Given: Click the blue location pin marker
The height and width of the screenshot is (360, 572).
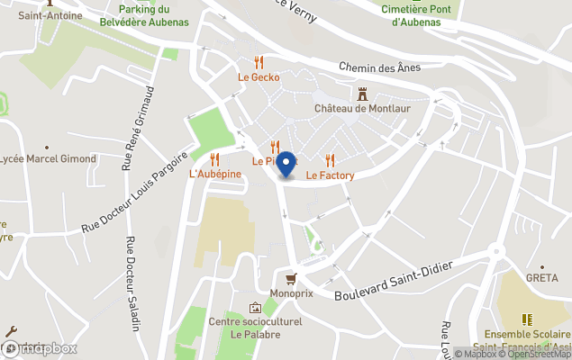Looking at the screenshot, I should (286, 165).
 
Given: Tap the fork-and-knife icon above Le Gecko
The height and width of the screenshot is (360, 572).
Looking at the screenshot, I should (259, 62).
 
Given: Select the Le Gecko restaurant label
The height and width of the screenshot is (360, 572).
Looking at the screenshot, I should (259, 77).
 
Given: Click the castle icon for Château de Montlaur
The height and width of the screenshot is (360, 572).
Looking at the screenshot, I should (363, 94).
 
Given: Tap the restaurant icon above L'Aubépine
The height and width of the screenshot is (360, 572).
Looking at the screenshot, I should (214, 159).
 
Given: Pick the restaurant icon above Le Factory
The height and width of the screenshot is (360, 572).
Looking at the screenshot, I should (330, 160).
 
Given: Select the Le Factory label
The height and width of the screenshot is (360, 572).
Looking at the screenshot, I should (330, 175).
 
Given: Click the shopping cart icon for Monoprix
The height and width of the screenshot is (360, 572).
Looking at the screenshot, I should (290, 279).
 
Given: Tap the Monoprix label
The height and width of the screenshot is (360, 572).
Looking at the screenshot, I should (290, 293).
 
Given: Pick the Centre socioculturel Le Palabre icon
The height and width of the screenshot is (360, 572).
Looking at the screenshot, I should (255, 308).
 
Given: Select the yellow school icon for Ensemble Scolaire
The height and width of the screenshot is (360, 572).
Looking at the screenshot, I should (527, 319).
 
